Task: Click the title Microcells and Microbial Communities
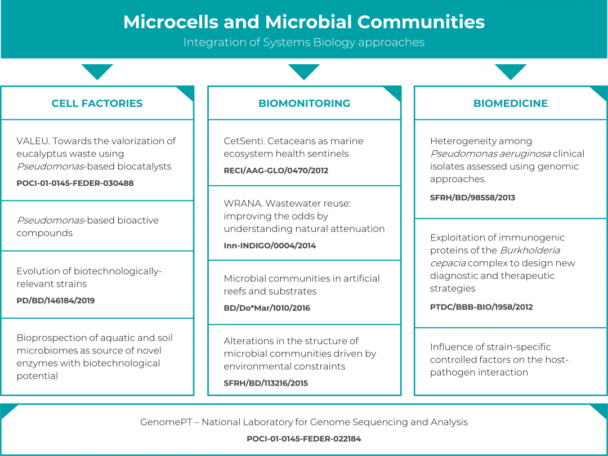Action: (304, 22)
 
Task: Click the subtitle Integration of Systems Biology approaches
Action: (304, 42)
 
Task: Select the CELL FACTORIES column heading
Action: (97, 103)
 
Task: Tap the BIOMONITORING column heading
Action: (305, 103)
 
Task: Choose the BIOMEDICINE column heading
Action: (511, 103)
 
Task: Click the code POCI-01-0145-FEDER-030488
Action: (75, 183)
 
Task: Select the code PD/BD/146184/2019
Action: (55, 301)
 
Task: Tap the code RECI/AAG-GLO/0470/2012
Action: (276, 171)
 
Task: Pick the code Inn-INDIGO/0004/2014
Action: (270, 246)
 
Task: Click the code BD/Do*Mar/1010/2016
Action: (267, 308)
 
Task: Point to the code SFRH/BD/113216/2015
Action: (266, 383)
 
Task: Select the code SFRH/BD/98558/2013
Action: (473, 198)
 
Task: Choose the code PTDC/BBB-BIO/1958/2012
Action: (481, 307)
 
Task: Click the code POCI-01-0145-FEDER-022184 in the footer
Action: (304, 439)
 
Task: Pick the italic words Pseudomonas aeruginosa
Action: (490, 154)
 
